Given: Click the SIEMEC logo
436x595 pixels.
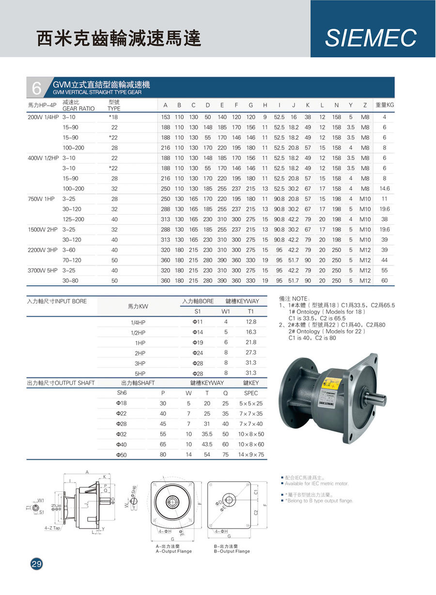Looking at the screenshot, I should [371, 38].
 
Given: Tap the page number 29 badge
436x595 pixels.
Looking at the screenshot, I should [37, 564].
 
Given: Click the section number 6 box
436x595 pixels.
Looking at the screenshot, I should [37, 88].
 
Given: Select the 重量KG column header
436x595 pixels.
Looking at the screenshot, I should [385, 105].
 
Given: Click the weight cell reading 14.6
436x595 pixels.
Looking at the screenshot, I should [385, 188].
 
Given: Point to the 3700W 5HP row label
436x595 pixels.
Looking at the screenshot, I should [43, 270].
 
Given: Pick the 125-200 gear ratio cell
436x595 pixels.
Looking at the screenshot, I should [73, 219].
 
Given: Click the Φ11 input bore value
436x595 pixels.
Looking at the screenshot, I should [197, 322].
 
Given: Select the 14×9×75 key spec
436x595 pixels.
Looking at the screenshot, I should [251, 455].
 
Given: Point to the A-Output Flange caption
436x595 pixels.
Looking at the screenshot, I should [173, 551].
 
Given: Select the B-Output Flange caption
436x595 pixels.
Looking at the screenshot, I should [232, 551].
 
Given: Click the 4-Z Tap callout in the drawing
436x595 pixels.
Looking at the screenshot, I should [52, 528].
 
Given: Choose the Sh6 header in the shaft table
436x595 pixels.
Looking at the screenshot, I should [122, 393].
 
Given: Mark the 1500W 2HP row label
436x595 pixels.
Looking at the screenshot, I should [43, 229].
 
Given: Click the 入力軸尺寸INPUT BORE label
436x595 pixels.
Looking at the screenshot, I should [57, 301].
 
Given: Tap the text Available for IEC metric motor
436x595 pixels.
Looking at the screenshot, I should [316, 484].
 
